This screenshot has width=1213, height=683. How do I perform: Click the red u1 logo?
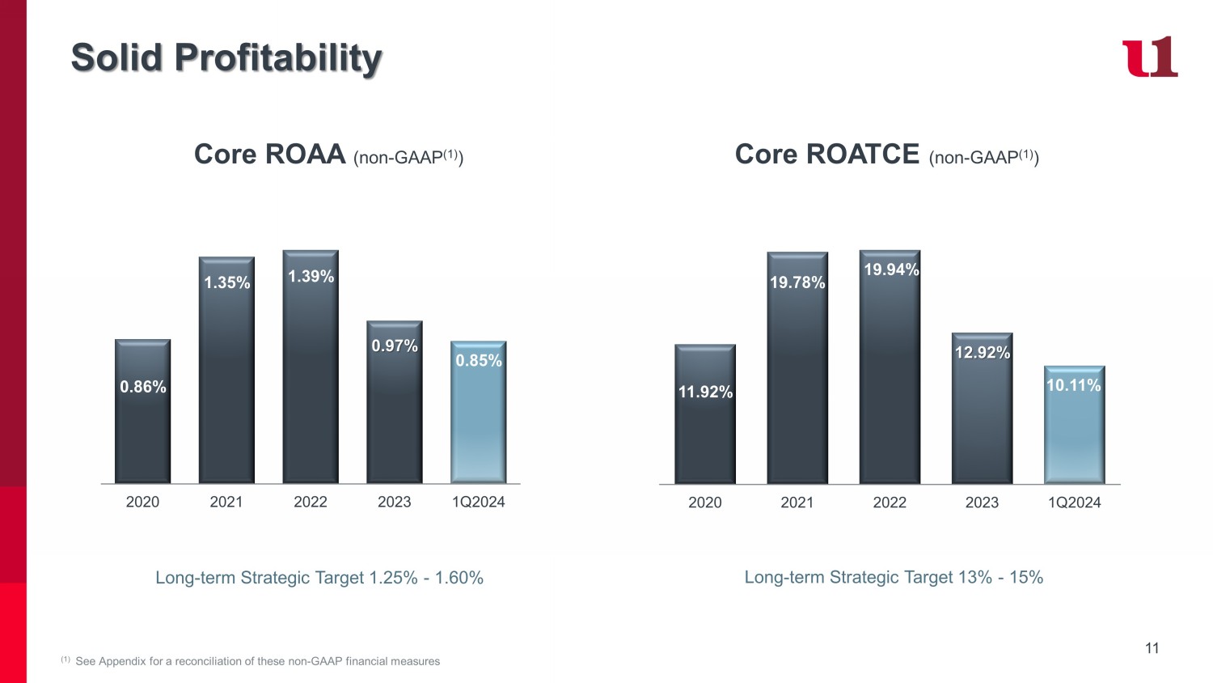click(x=1149, y=57)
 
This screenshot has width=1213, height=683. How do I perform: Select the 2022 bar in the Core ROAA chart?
click(x=311, y=367)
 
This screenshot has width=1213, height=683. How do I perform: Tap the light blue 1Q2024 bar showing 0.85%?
click(x=479, y=412)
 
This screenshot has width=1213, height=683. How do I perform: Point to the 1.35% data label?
click(x=227, y=282)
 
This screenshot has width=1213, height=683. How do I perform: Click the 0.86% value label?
click(x=143, y=387)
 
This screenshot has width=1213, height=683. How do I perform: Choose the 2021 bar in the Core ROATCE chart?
click(x=797, y=367)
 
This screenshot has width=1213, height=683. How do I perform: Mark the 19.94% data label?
click(x=891, y=269)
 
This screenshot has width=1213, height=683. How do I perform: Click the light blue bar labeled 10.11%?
click(x=1075, y=424)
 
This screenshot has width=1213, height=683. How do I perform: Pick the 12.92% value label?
click(x=983, y=352)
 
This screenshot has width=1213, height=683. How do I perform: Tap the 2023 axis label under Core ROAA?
click(x=395, y=502)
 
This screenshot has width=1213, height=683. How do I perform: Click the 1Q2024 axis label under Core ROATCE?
click(x=1075, y=503)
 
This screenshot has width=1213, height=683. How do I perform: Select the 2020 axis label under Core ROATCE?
click(x=705, y=503)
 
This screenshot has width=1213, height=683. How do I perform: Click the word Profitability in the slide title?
click(x=278, y=58)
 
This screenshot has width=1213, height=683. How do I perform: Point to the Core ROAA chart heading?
click(x=328, y=155)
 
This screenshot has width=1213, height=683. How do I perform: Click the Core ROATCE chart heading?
click(x=887, y=155)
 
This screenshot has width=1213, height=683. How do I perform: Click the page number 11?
click(x=1152, y=648)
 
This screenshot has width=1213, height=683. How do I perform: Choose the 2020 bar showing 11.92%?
click(x=705, y=414)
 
